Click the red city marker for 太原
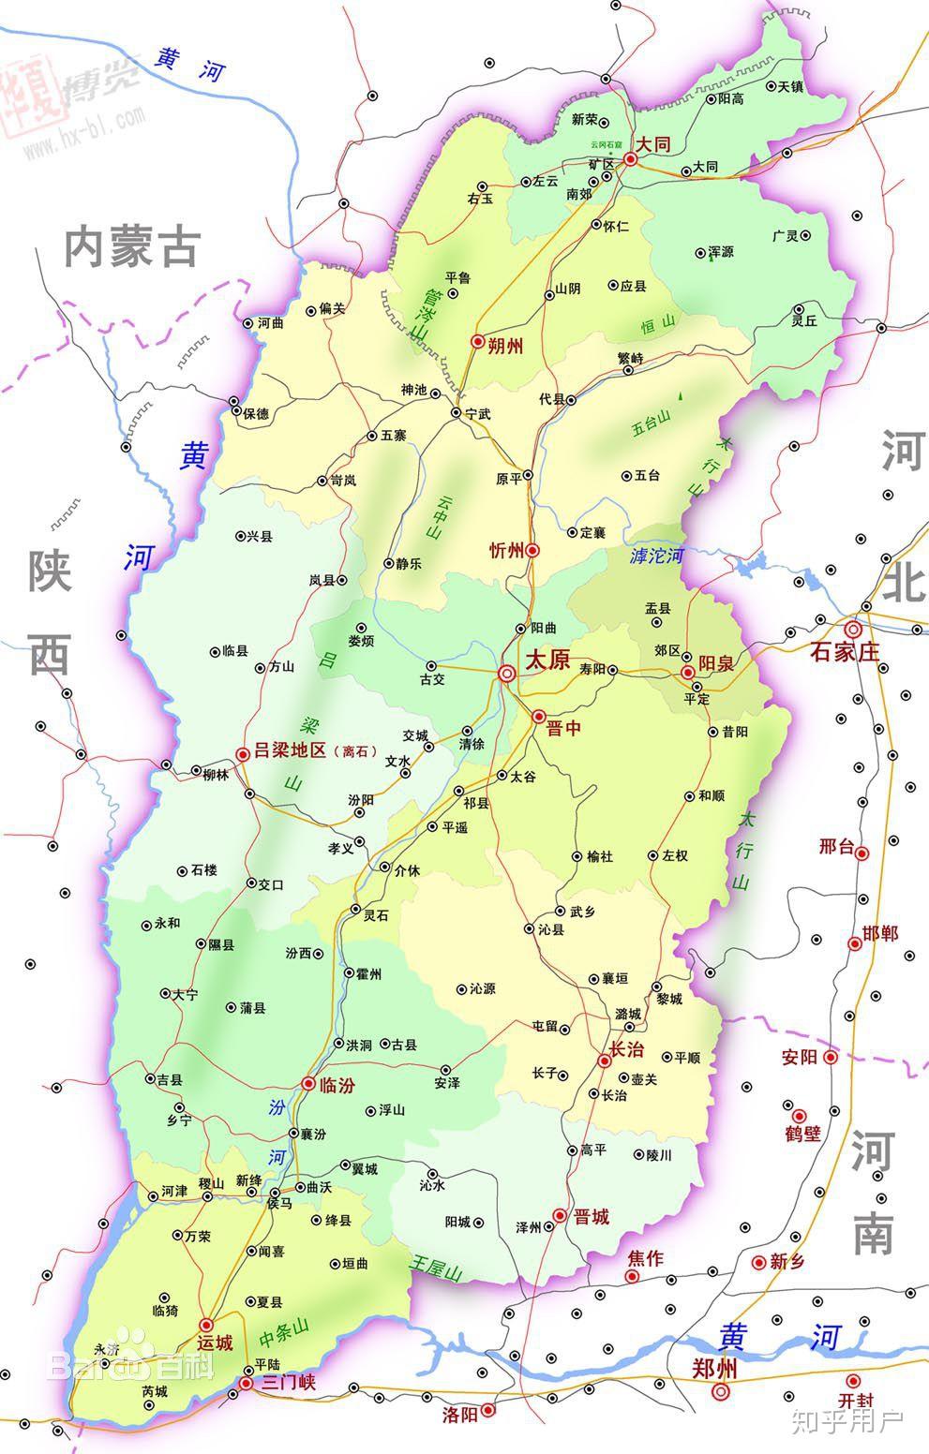point(506,673)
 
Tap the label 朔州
point(505,345)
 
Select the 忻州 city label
point(506,550)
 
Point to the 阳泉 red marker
point(688,673)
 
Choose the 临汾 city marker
point(309,1084)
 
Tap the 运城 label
point(215,1342)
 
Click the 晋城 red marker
point(560,1215)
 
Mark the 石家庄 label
point(845,652)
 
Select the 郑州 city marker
point(719,1392)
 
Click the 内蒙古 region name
point(132,247)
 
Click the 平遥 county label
point(455,827)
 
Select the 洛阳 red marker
point(487,1409)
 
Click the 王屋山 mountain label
point(437,1270)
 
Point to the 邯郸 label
point(880,933)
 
